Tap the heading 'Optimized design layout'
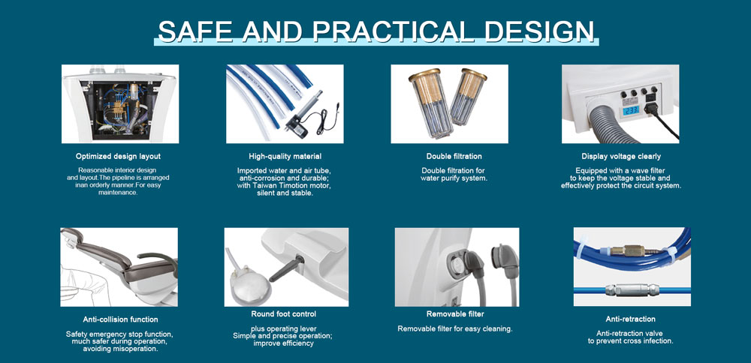click(119, 157)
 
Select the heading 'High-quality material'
click(285, 157)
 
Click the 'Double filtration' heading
click(454, 157)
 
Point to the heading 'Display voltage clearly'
click(621, 157)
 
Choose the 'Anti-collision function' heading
click(120, 319)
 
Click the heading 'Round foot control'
click(284, 314)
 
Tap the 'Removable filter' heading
click(455, 314)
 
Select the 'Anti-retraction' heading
click(630, 319)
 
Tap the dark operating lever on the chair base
click(287, 268)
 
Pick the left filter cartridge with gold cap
click(430, 103)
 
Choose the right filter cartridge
click(467, 97)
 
